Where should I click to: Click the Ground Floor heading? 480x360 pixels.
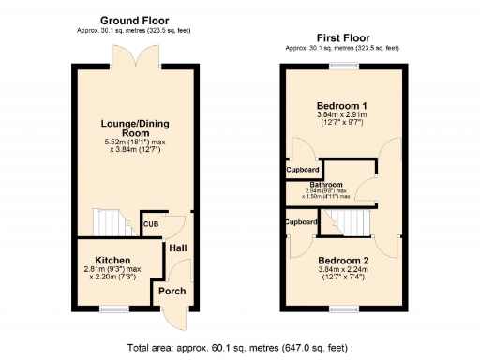(134, 20)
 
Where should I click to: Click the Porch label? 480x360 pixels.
(172, 291)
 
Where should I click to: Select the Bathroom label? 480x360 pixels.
(327, 185)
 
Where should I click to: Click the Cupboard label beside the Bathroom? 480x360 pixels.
(304, 170)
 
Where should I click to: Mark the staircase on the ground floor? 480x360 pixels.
(113, 223)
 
